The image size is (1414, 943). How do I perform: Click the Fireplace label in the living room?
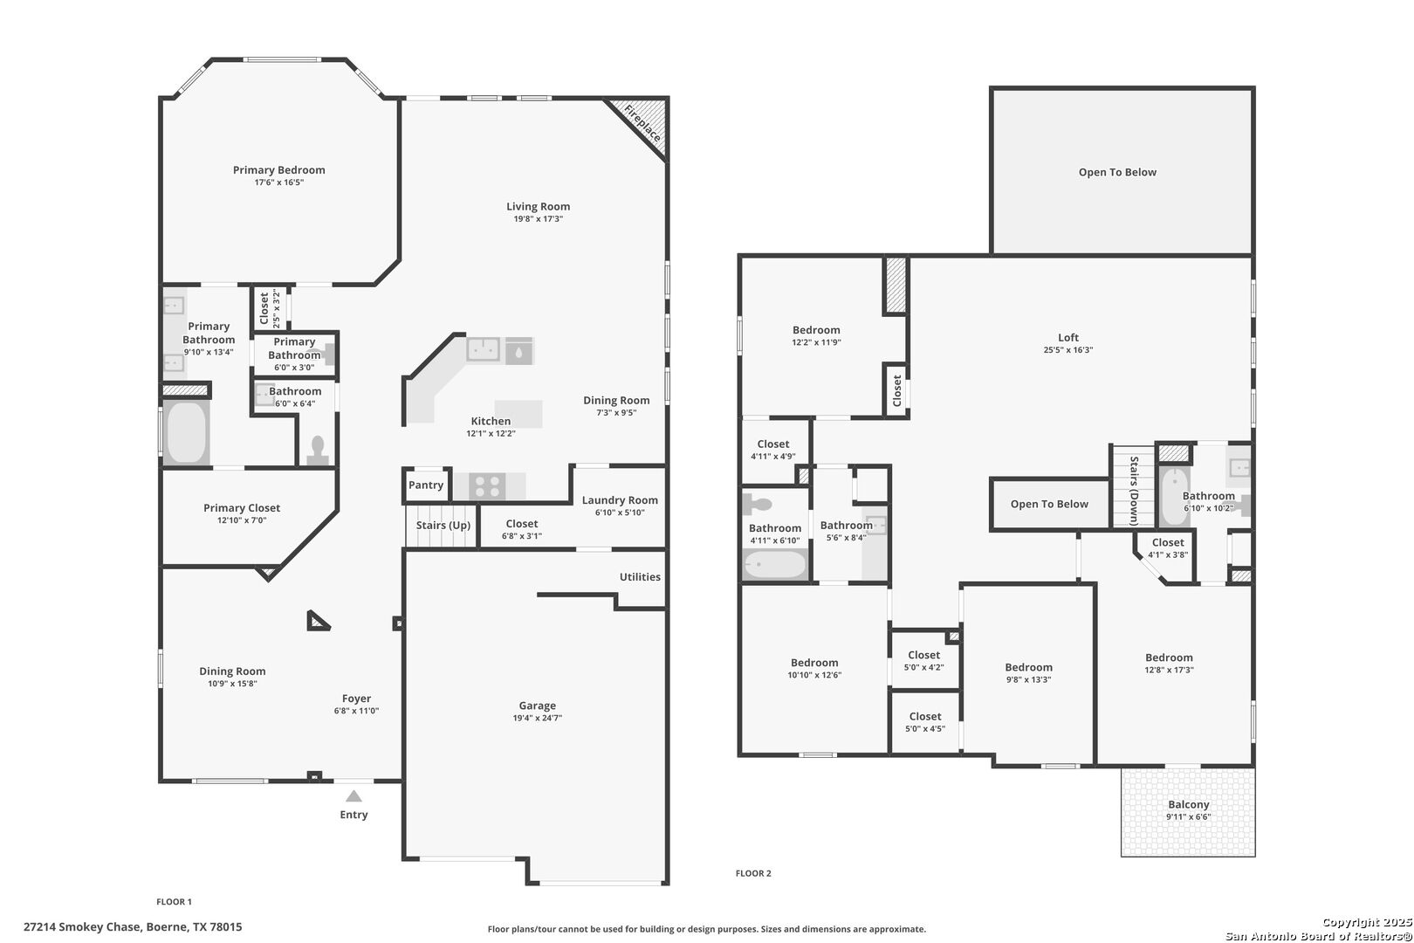click(642, 124)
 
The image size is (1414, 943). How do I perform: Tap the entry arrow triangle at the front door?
click(353, 795)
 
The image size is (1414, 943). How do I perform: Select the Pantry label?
click(425, 485)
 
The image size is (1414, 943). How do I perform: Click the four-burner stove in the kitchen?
click(487, 487)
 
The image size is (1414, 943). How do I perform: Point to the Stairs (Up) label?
click(443, 525)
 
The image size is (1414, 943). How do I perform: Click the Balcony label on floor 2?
click(1189, 804)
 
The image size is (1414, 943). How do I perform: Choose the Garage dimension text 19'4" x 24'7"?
click(537, 718)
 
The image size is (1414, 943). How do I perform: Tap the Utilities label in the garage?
click(640, 576)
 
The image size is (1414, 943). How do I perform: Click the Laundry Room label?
click(620, 499)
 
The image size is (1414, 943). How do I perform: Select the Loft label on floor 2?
click(1068, 337)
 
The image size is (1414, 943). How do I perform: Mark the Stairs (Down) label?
click(1134, 491)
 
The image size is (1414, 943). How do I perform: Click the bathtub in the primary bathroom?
click(186, 433)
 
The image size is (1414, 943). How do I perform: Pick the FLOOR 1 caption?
click(174, 901)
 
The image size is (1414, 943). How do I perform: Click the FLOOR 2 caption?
click(753, 873)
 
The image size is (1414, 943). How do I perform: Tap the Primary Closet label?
click(242, 508)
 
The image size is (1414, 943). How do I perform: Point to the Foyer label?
click(357, 698)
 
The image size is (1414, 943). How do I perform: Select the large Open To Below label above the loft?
click(1117, 172)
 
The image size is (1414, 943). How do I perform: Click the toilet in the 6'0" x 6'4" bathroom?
click(318, 450)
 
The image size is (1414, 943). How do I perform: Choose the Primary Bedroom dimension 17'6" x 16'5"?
click(279, 182)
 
